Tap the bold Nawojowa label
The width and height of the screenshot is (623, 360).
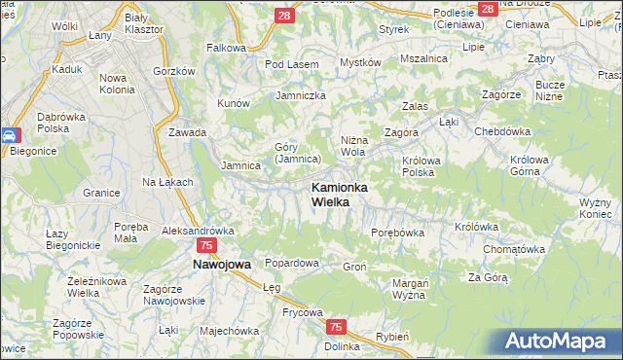(x=221, y=264)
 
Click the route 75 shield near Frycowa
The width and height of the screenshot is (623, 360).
(x=336, y=328)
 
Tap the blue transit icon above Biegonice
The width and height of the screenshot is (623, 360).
(x=9, y=136)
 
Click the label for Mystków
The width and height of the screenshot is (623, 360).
(x=359, y=62)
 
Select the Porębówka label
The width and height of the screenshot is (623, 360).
(x=398, y=234)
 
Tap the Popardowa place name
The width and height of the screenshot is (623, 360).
(x=292, y=264)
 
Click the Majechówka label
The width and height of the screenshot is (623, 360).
(x=229, y=330)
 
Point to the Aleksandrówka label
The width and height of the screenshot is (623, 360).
(x=198, y=231)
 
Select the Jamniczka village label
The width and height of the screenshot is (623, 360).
(x=301, y=96)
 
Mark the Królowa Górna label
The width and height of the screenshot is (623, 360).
(x=531, y=166)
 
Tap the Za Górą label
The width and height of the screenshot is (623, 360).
(x=488, y=277)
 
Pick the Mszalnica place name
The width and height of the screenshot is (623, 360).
(x=423, y=58)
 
